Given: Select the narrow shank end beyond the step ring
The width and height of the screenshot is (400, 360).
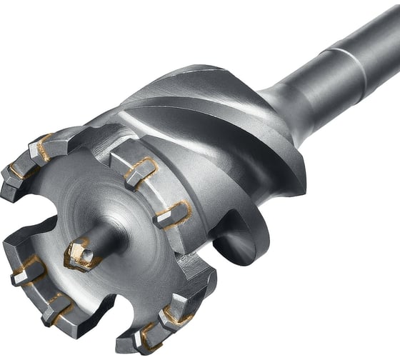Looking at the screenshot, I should [x=379, y=29].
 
